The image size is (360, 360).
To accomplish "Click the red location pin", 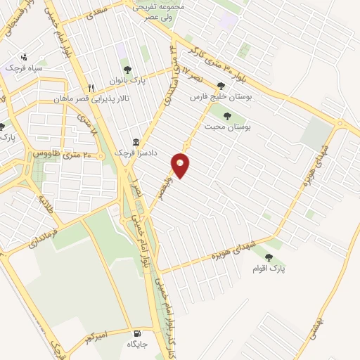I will click(x=181, y=165).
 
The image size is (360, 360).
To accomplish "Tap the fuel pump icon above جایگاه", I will click(x=136, y=333).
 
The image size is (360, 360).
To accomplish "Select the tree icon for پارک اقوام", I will click(x=269, y=257).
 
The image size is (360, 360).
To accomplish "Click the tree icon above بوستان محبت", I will click(x=226, y=116).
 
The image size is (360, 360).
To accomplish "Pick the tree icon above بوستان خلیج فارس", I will click(x=221, y=86).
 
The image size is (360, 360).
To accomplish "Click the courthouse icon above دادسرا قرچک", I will click(x=136, y=141).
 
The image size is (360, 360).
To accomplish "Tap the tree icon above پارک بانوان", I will click(x=127, y=70).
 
